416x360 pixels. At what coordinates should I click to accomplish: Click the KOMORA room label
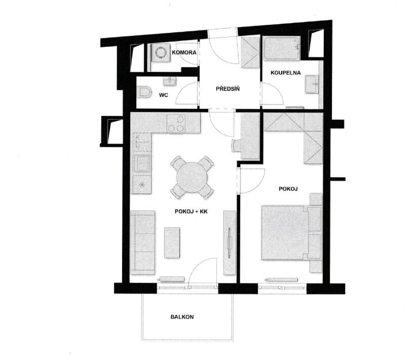pos(184,53)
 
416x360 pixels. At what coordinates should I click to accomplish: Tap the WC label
pos(164,95)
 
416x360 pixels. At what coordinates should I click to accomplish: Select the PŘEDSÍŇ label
pos(228,89)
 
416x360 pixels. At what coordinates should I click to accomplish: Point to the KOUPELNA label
pos(285,72)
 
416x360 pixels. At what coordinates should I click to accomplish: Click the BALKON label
pos(182,317)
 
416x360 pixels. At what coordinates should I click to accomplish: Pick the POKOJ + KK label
pos(191,211)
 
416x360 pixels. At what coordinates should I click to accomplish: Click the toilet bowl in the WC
pos(144,92)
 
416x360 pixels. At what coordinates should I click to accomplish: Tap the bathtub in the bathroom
pos(282,49)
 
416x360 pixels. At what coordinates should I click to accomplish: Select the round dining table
pos(192,177)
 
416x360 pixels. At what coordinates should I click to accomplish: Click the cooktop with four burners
pos(176,124)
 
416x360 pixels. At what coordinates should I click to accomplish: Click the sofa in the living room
pos(142,243)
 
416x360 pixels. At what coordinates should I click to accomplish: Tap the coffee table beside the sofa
pos(172,243)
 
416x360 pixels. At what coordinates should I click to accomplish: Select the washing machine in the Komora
pos(160,53)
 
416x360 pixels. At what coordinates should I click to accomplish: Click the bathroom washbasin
pos(312,84)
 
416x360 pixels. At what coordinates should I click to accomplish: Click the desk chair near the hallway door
pos(236,145)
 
